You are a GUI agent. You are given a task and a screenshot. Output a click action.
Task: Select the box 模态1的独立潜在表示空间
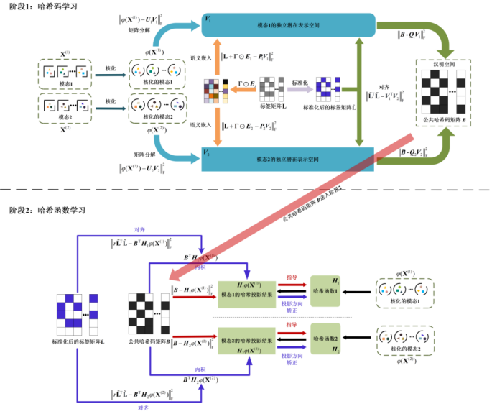tap(288, 26)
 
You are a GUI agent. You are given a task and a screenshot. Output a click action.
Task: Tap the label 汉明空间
tap(444, 65)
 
